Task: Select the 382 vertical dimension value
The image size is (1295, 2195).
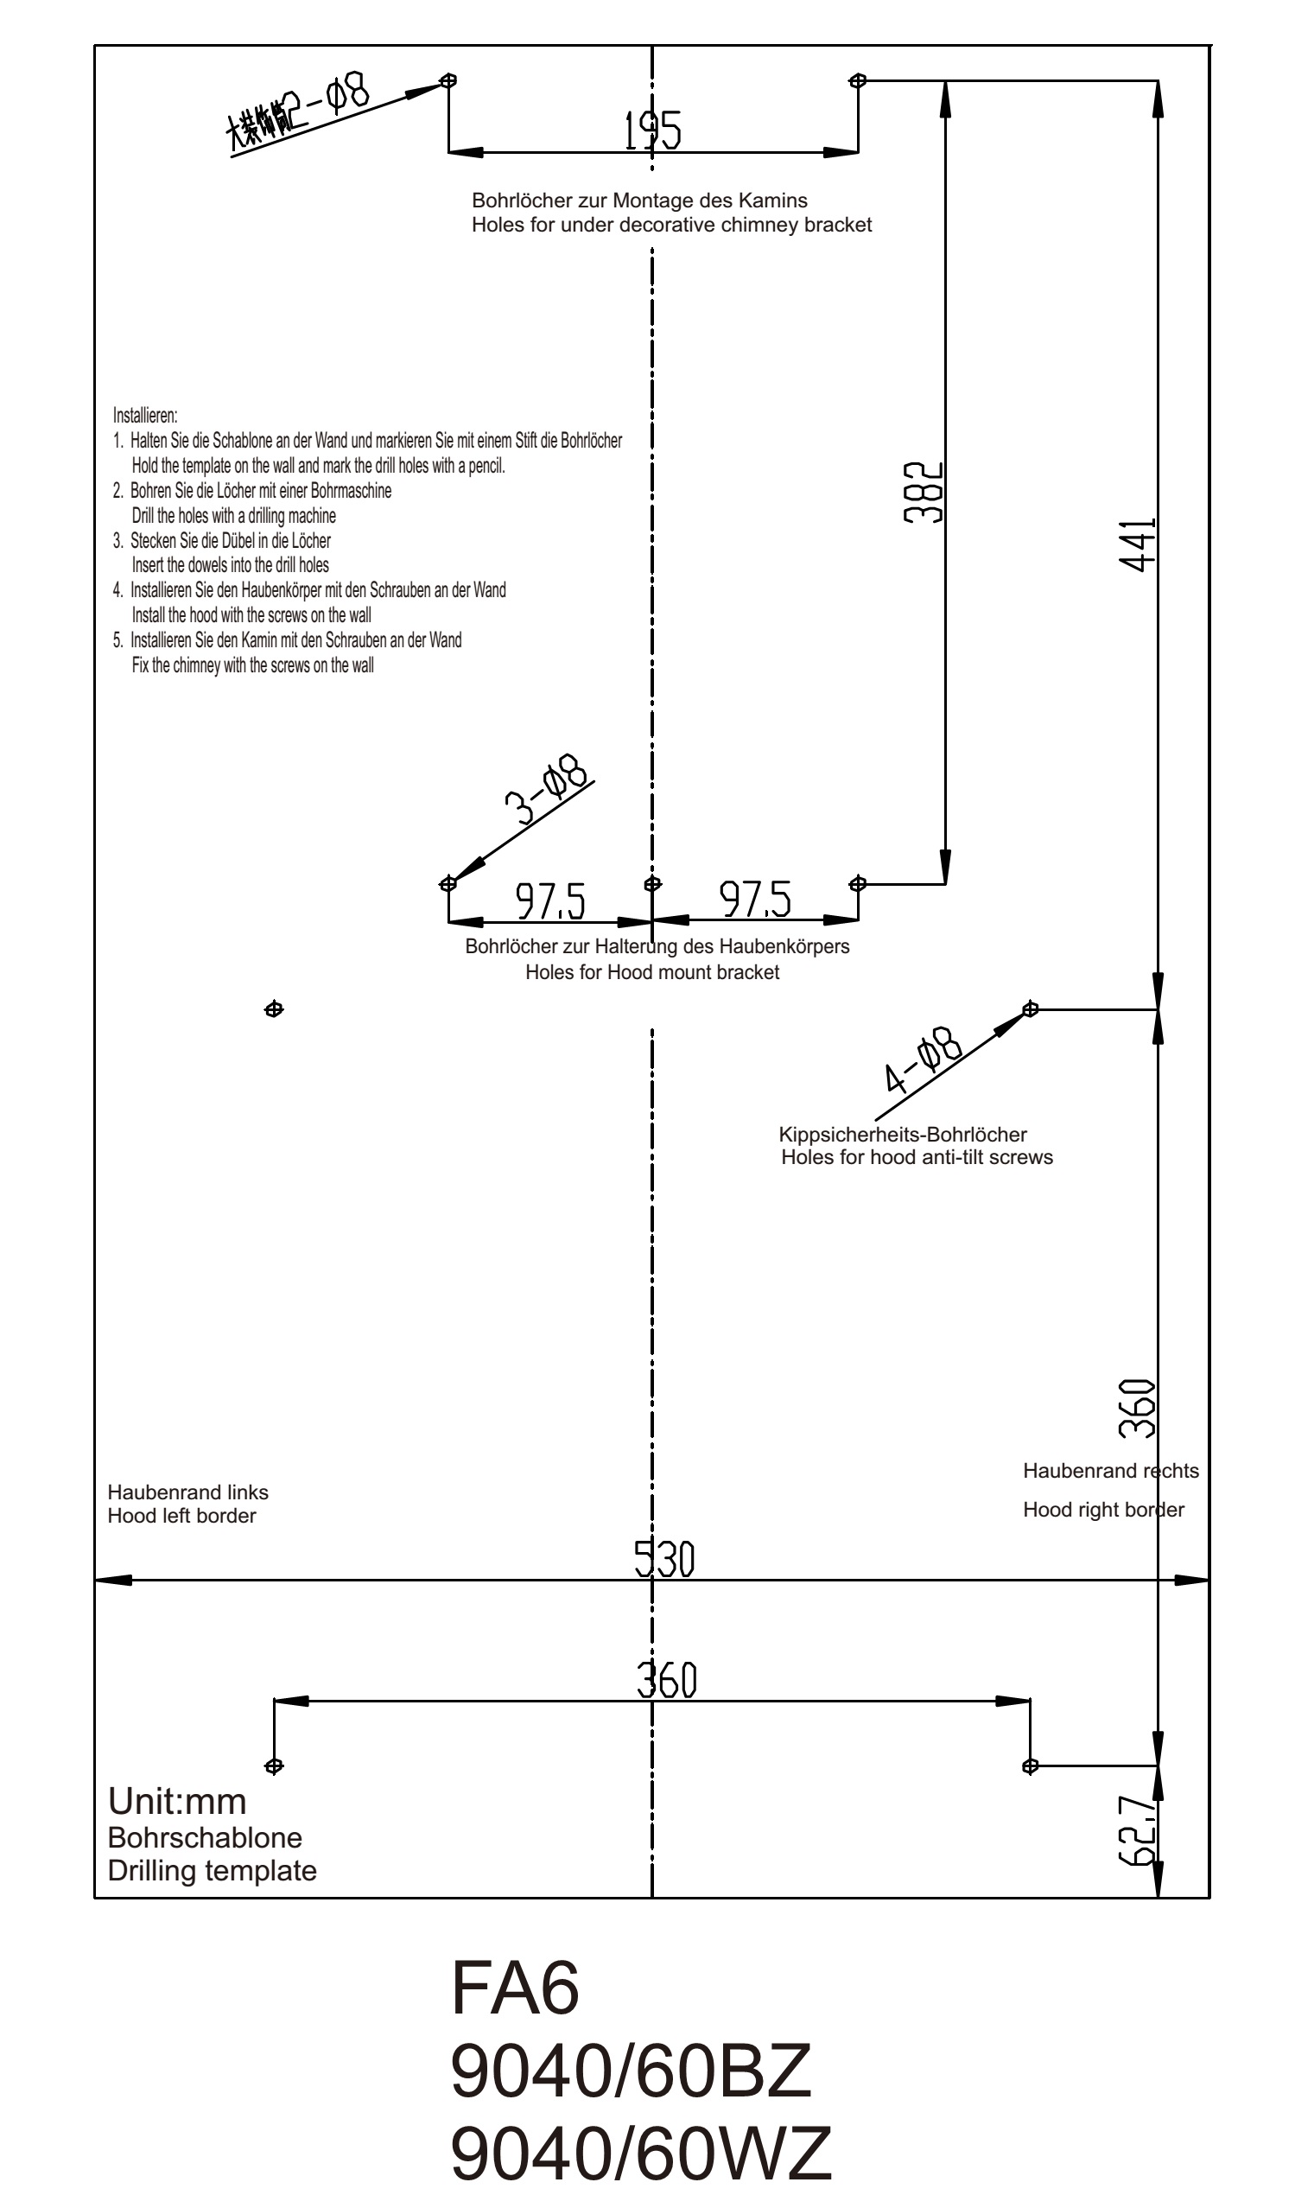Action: [x=924, y=493]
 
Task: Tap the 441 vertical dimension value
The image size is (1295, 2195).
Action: [x=1138, y=545]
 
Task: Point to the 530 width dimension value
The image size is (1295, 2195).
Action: [x=664, y=1560]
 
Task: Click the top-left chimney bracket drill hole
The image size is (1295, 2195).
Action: [x=448, y=80]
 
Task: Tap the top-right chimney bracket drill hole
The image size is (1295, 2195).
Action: [x=858, y=80]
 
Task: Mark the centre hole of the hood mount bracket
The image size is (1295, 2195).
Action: [x=652, y=883]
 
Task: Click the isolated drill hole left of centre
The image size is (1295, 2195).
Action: [x=274, y=1010]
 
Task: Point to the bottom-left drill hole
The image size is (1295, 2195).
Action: [x=274, y=1766]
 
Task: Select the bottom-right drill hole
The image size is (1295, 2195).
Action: [x=1030, y=1766]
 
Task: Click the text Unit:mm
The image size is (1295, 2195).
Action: [x=177, y=1803]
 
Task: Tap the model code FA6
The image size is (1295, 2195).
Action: [x=515, y=1988]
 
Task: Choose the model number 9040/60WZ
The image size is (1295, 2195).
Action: [x=641, y=2154]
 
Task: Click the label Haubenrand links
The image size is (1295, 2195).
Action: [x=187, y=1492]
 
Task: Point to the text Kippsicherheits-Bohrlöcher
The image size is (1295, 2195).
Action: [x=902, y=1135]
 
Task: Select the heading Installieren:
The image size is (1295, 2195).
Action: [x=145, y=416]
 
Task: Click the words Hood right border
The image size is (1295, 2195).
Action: [x=1103, y=1510]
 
